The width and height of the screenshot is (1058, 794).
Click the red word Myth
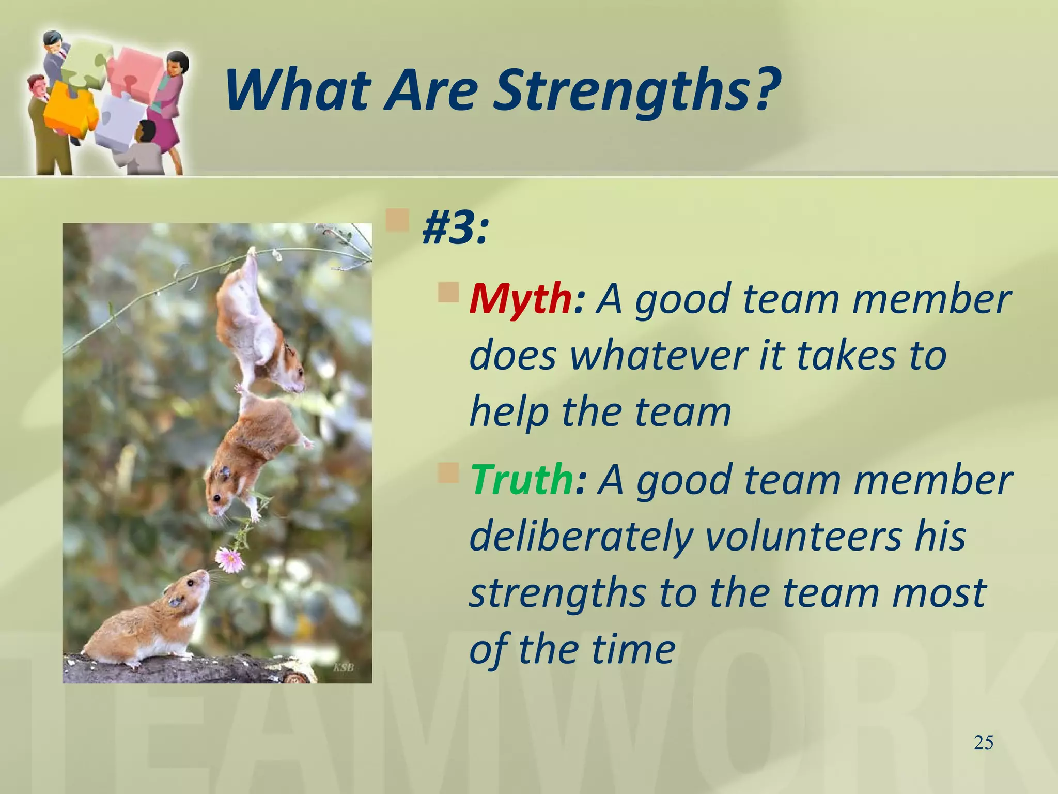coord(519,300)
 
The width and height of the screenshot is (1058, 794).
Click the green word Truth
coord(521,480)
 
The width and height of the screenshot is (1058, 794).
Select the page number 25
coord(983,743)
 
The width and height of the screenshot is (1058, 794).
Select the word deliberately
coord(581,537)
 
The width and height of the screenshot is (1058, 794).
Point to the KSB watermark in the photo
coord(344,667)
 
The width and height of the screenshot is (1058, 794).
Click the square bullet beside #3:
coord(398,220)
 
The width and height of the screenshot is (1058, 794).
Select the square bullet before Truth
coord(448,472)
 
